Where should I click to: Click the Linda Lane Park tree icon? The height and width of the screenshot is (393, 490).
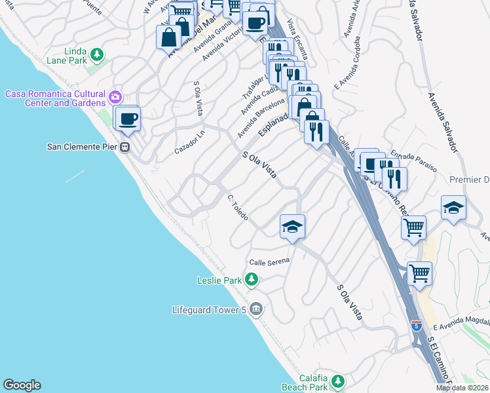pos(97,54)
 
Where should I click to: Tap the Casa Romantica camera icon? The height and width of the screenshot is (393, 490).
pos(116,97)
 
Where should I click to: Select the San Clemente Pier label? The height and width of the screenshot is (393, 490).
pos(83,146)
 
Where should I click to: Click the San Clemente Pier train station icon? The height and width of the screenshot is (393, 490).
pos(125,147)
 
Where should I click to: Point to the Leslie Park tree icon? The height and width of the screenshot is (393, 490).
pos(251,280)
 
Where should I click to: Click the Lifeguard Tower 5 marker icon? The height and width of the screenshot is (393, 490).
pos(256,309)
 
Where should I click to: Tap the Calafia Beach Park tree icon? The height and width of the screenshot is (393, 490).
pos(337,381)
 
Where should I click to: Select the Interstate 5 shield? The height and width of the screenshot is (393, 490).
pos(416,325)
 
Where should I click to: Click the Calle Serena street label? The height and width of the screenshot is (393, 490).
pos(269,261)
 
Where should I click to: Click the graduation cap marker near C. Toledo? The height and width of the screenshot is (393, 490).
pos(292,227)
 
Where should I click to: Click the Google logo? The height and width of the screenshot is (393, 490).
pos(22,385)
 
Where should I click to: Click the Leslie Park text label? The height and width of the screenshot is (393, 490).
pos(219,280)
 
